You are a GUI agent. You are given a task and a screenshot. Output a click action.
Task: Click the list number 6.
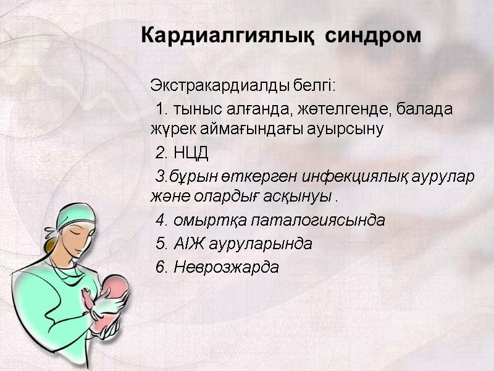pos(162,268)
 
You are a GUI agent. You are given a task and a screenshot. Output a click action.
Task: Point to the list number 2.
pos(162,153)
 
